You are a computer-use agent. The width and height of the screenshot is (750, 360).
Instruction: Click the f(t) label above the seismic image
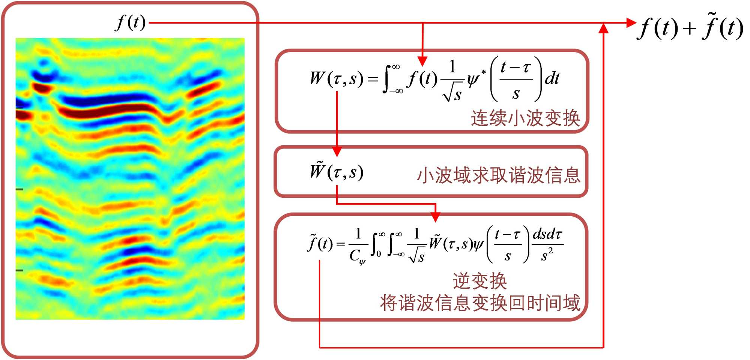pos(131,23)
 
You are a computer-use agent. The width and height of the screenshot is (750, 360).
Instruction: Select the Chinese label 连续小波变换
pos(525,118)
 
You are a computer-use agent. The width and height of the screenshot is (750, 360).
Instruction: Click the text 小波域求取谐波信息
pos(499,175)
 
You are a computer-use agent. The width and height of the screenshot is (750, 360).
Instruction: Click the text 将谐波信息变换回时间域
pos(480,303)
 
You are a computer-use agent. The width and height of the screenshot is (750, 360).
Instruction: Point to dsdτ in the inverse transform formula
pos(547,235)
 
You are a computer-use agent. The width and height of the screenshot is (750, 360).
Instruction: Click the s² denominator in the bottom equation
pos(547,255)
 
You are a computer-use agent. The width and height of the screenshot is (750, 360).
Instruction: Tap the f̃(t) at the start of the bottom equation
pos(320,243)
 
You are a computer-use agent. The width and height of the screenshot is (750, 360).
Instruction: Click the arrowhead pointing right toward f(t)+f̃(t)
pos(631,23)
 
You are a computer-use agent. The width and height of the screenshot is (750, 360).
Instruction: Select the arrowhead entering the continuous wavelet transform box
pos(422,61)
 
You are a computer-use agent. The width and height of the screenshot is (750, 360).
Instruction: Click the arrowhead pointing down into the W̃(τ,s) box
pos(337,152)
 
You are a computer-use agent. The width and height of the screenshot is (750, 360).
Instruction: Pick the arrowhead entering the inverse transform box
pos(435,217)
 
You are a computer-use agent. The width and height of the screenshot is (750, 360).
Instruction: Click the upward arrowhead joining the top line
pos(603,29)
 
